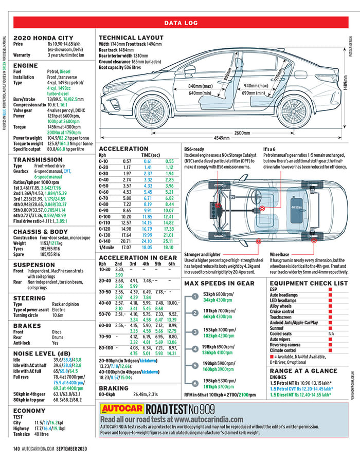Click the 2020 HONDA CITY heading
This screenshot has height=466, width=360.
click(41, 38)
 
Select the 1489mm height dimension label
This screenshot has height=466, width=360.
click(345, 89)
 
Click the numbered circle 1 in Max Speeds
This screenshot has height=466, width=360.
click(195, 296)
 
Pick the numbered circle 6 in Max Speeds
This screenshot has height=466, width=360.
click(195, 383)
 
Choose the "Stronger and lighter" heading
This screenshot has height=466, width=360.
click(203, 254)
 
